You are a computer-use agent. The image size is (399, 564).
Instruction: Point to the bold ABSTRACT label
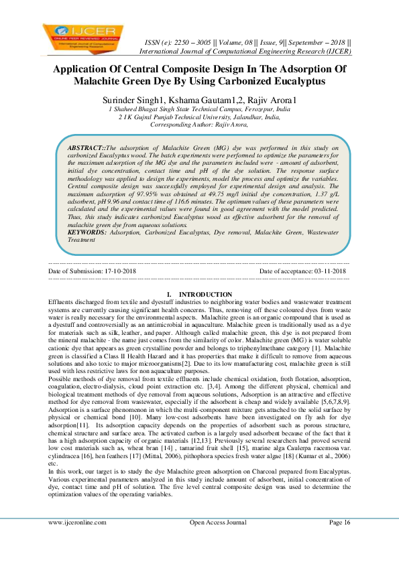pyautogui.click(x=87, y=145)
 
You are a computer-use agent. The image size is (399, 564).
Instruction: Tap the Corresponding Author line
pyautogui.click(x=198, y=124)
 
